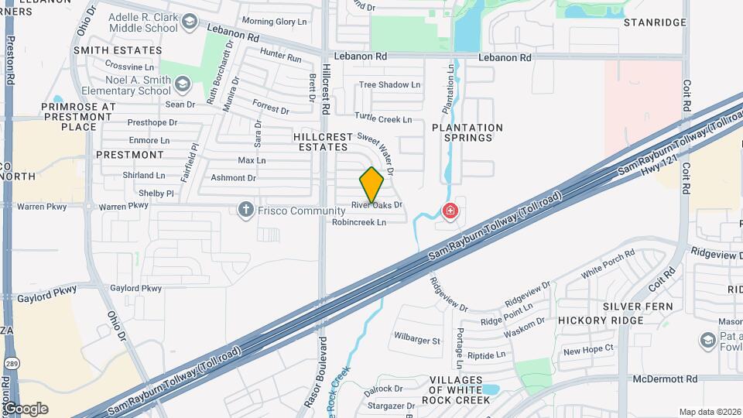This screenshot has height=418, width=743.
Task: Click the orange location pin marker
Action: [x=371, y=185]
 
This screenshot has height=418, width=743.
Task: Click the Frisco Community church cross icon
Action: [x=246, y=211]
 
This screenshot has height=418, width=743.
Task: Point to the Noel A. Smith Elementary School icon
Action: [x=182, y=84]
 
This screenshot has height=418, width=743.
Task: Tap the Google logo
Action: [x=26, y=409]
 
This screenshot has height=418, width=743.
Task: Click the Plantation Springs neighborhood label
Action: [x=467, y=132]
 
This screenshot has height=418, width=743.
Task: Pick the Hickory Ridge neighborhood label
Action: [x=601, y=320]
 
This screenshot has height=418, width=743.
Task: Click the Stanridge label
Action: [x=656, y=22]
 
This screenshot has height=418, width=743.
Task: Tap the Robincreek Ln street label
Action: [x=358, y=222]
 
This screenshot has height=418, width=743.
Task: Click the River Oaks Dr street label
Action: [x=377, y=205]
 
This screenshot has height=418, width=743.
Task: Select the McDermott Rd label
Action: [x=665, y=379]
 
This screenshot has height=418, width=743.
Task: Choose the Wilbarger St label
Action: [x=416, y=340]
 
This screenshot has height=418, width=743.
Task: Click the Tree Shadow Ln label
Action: [x=389, y=84]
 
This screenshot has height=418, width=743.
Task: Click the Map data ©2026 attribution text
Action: [x=710, y=412]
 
